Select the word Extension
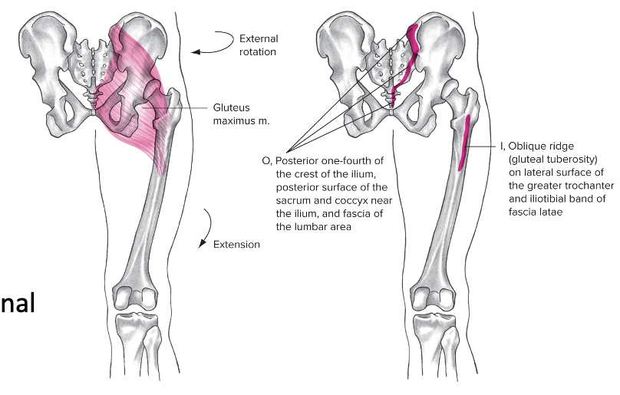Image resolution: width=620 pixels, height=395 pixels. [x=237, y=245]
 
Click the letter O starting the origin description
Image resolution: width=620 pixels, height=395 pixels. [x=265, y=160]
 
